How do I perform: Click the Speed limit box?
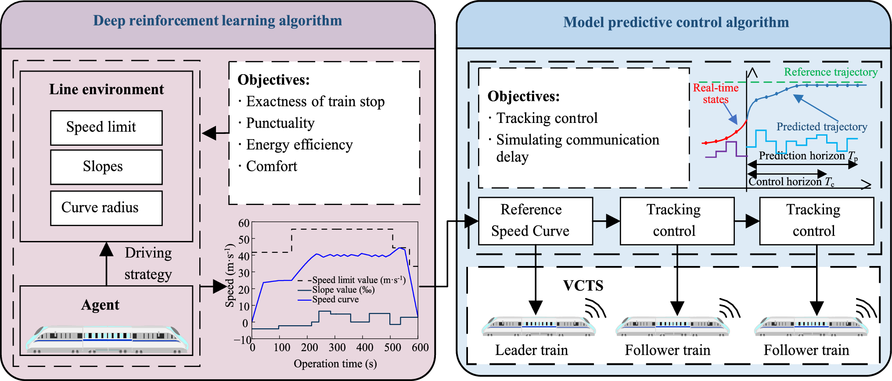click(x=106, y=128)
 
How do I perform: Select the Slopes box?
click(x=106, y=167)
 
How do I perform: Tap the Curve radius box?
click(x=106, y=208)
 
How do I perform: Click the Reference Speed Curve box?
click(x=535, y=221)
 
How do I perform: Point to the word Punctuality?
click(x=280, y=123)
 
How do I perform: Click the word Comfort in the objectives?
click(x=271, y=166)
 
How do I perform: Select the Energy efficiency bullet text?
click(x=299, y=145)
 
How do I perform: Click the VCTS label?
click(x=583, y=286)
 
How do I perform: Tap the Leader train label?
click(x=531, y=350)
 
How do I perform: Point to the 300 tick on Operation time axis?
click(x=337, y=348)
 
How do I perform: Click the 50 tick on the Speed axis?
click(x=244, y=240)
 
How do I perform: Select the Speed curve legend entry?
click(x=335, y=299)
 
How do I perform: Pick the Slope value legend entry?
click(x=343, y=290)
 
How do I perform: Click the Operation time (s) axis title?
click(x=335, y=364)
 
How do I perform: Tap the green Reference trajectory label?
click(x=831, y=72)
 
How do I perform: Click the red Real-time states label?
click(x=716, y=93)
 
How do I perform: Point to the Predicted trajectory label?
click(x=822, y=127)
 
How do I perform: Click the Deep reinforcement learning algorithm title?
click(x=217, y=21)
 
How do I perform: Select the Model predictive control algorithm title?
click(x=676, y=22)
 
